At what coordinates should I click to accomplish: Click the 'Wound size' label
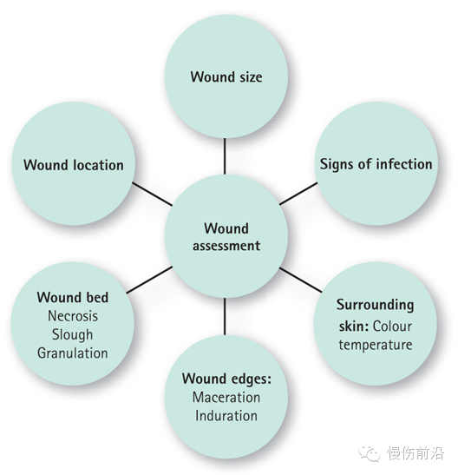coord(226,77)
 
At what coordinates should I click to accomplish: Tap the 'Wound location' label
coord(74,165)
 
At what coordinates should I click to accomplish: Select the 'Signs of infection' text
coord(376,164)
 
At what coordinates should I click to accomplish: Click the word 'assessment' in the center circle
coord(226,246)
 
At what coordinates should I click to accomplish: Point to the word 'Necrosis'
coord(73,316)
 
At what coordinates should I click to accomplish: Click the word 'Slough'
coord(72,334)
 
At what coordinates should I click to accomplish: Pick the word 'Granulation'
coord(73,353)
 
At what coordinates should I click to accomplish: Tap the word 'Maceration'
coord(226,398)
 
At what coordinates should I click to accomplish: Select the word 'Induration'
coord(226,416)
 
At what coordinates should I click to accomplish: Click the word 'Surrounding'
coord(375,305)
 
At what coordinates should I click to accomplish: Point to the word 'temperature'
coord(376,345)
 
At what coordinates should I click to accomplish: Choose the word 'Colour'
coord(392,327)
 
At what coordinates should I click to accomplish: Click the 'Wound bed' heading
coord(73,298)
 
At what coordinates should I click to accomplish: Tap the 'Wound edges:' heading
coord(226,379)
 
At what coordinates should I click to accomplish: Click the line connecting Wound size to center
coord(225,156)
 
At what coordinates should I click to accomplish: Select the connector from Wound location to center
coord(152,195)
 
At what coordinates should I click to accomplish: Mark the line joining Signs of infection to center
coord(298,194)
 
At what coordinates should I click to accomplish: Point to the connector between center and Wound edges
coord(225,317)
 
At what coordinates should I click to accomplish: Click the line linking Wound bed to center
coord(149,280)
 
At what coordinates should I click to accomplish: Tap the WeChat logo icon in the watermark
coord(370,453)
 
